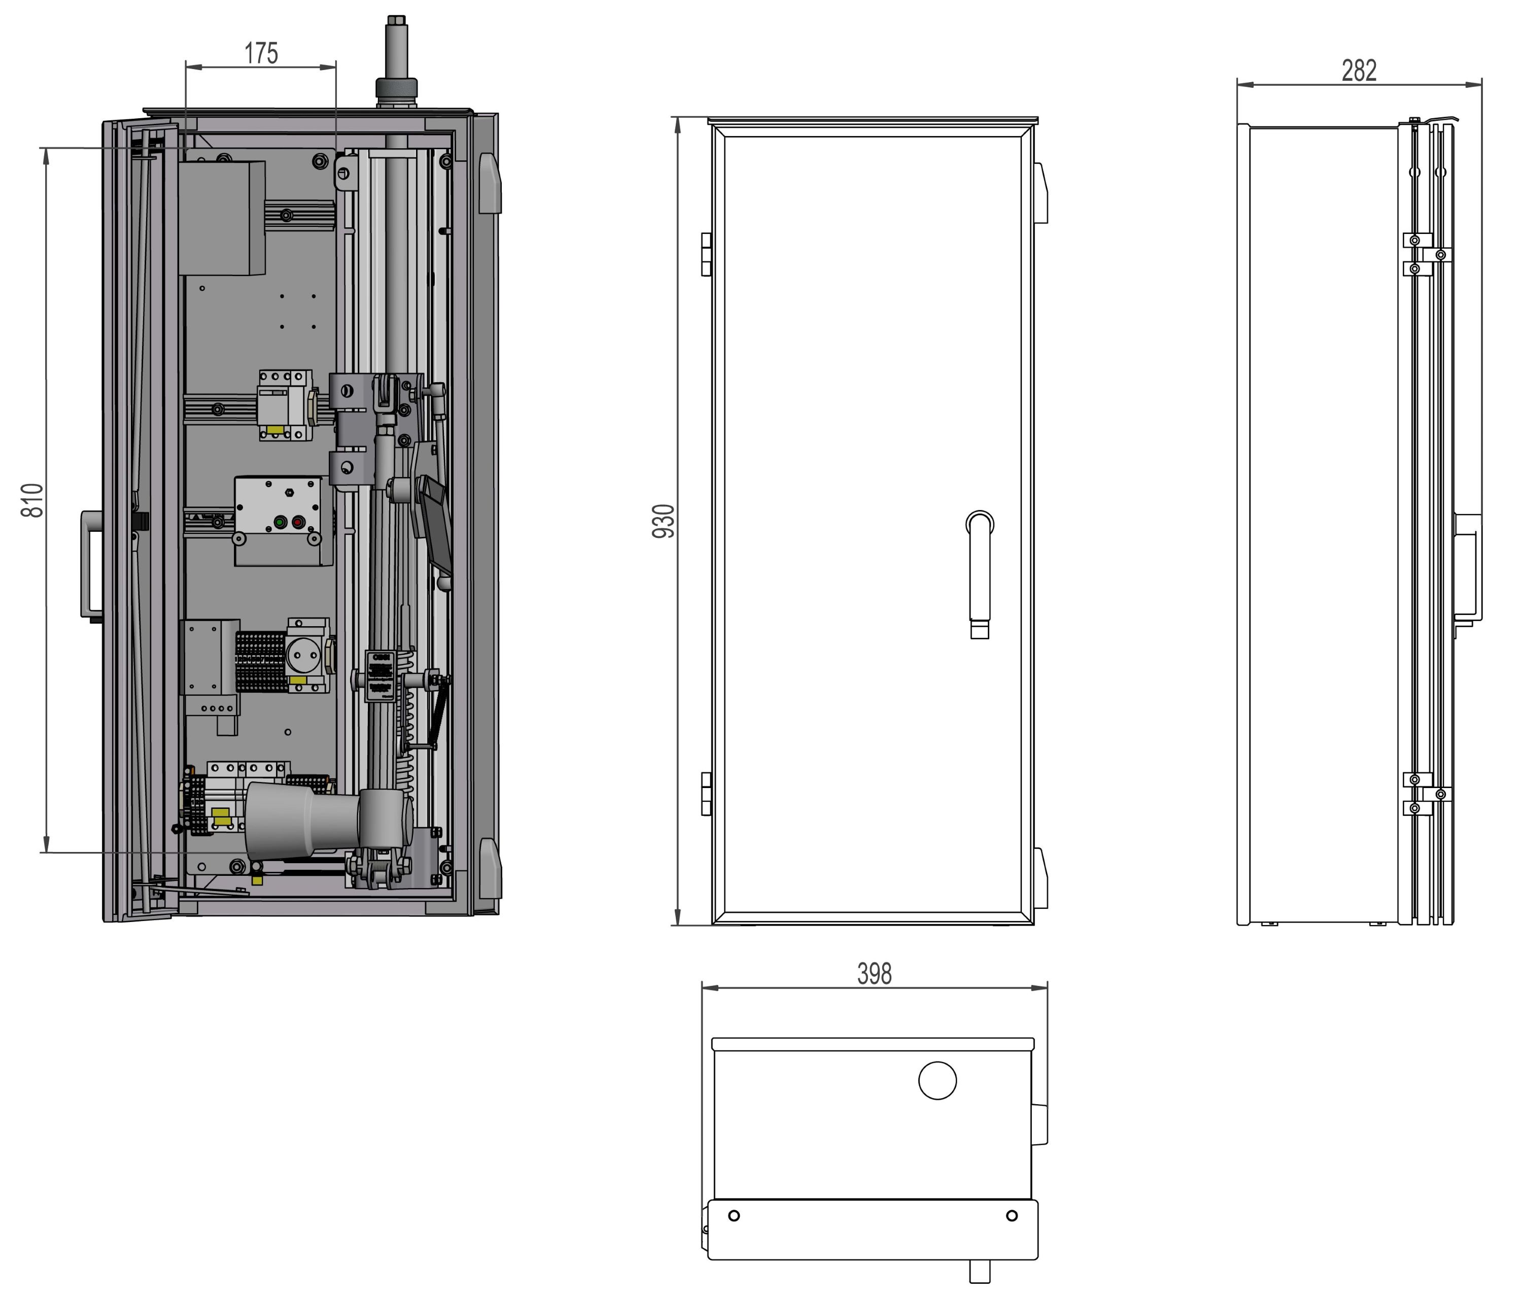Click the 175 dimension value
tap(261, 54)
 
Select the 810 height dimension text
tap(32, 500)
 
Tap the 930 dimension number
tap(663, 521)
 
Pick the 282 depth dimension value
tap(1359, 71)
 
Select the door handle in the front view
tap(979, 573)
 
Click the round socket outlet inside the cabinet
tap(305, 652)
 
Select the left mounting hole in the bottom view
tap(733, 1216)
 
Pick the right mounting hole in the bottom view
tap(1012, 1216)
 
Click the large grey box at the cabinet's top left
tap(222, 218)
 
